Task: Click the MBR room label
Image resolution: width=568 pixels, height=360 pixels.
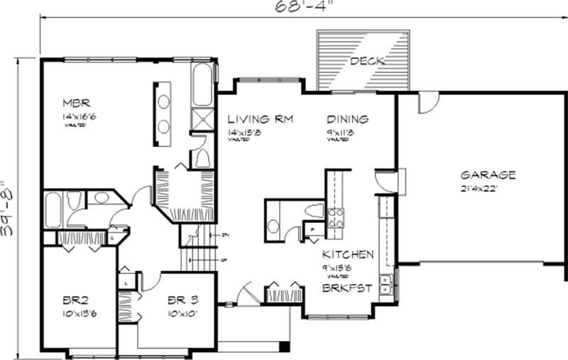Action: [x=74, y=101]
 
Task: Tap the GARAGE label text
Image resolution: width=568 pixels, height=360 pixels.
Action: [x=487, y=175]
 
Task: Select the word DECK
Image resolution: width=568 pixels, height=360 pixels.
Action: [x=367, y=62]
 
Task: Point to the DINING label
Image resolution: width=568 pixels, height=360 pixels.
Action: [x=347, y=119]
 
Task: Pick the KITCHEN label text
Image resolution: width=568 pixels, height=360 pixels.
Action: [x=347, y=254]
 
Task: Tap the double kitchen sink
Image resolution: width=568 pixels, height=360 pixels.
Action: [x=386, y=286]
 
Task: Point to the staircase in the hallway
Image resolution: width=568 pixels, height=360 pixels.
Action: [x=192, y=252]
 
